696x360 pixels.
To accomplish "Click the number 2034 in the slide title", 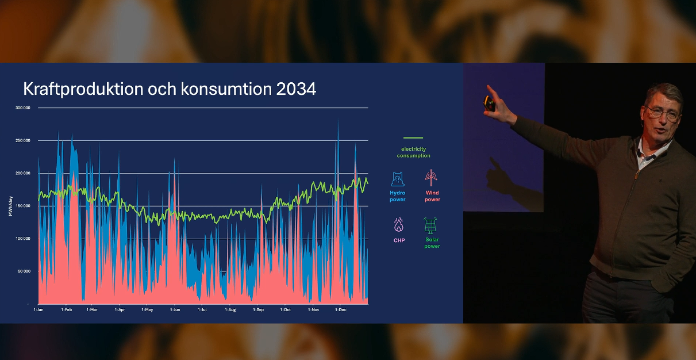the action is click(x=296, y=89).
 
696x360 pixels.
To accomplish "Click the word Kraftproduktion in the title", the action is click(x=83, y=90).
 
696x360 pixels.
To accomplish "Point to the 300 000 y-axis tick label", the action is click(x=23, y=108).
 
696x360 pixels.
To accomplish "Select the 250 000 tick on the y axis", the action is click(x=23, y=140).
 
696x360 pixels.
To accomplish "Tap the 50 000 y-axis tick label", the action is click(x=24, y=271).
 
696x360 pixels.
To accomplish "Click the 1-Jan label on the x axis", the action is click(x=39, y=309).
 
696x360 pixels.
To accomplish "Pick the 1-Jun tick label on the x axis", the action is click(x=175, y=309).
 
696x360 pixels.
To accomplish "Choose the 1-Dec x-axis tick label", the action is click(x=341, y=309).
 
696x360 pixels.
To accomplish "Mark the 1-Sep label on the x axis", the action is click(x=258, y=309).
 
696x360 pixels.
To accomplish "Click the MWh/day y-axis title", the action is click(x=10, y=206).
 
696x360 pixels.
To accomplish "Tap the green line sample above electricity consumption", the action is click(x=413, y=137).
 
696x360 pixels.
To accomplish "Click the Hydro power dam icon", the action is click(x=397, y=179).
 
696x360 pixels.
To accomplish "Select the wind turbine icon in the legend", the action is click(x=431, y=178).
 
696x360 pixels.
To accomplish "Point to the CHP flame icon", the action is click(x=399, y=224).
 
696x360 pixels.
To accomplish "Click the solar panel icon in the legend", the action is click(x=430, y=225).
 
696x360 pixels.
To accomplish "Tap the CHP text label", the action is click(x=399, y=240).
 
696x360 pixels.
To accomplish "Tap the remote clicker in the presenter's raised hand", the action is click(x=489, y=104).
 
